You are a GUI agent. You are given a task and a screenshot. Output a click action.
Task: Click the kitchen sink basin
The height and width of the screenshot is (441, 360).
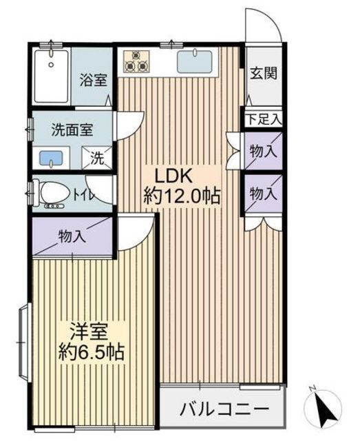coord(197,61)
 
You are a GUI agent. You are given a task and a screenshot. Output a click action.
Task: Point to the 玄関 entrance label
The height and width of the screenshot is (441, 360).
coord(263,72)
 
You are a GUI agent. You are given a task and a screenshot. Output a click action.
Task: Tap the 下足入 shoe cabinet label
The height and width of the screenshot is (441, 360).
coord(264,119)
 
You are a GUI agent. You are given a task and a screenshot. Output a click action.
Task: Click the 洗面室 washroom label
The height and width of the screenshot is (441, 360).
coord(72,128)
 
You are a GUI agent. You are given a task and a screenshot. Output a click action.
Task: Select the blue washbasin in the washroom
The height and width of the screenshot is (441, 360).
coord(51,157)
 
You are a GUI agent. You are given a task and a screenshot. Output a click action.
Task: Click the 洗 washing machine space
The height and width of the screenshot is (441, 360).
coord(97,158)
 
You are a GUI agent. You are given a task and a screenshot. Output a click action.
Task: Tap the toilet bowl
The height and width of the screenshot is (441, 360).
coord(54,193)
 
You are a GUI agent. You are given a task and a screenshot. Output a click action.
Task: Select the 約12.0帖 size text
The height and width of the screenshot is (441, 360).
coord(182,196)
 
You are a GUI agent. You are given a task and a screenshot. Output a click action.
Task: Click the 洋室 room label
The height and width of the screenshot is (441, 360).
coord(89,329)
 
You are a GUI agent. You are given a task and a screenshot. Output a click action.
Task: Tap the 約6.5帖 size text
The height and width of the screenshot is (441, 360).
coord(90,353)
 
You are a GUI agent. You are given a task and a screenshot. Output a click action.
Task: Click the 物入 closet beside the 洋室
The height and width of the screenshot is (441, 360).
coord(72,236)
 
